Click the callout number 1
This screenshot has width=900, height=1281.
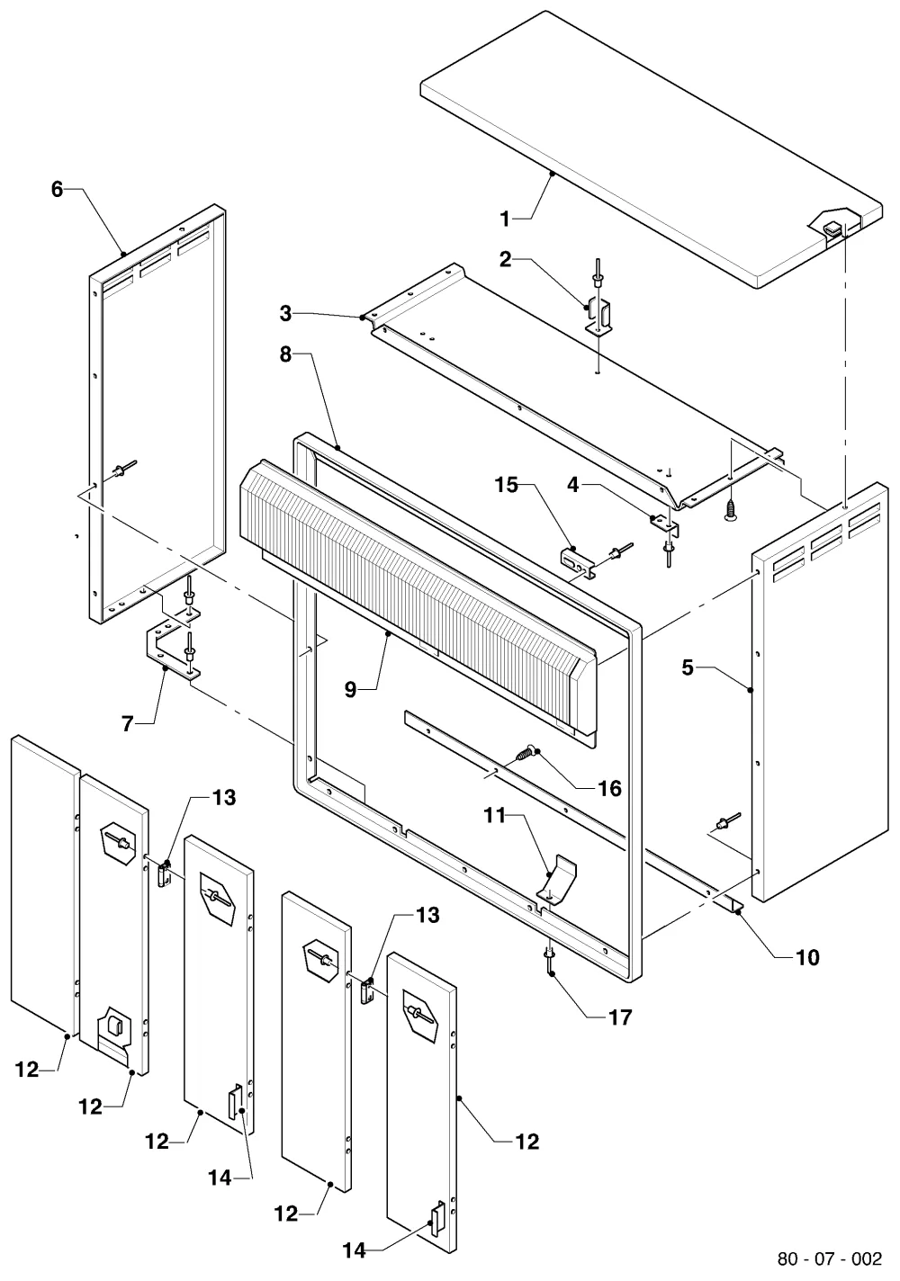point(505,219)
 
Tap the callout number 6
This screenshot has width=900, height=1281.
point(57,189)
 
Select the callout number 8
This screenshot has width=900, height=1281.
point(285,354)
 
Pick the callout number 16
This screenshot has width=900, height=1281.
point(610,789)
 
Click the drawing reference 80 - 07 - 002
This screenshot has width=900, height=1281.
point(830,1259)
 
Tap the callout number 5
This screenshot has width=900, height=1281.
point(688,667)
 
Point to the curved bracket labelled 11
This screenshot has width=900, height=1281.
point(556,877)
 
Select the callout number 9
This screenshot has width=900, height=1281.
point(351,689)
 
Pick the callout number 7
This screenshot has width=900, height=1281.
point(128,723)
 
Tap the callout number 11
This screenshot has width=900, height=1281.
point(495,816)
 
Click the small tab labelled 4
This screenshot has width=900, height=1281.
point(665,525)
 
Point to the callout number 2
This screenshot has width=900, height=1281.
point(505,260)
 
